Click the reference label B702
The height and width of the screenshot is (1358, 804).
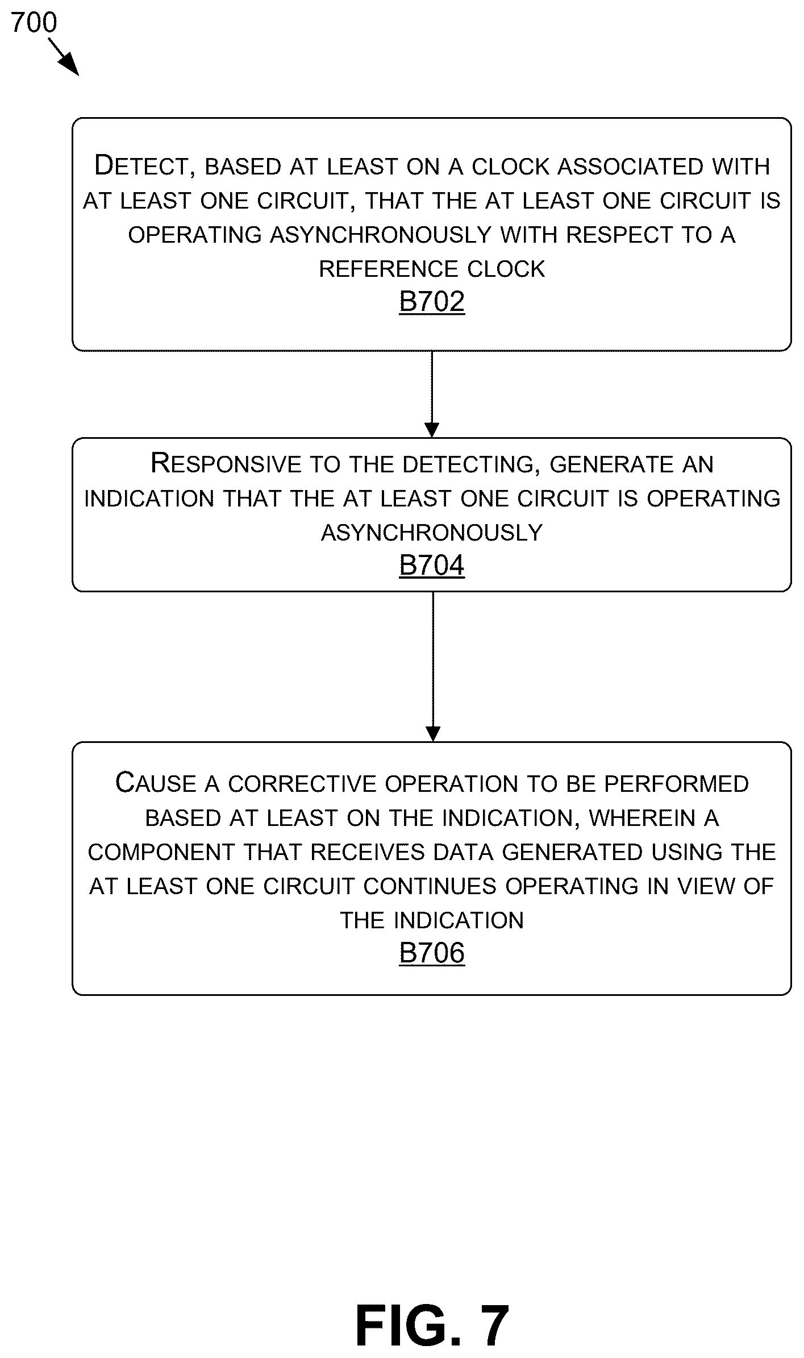tap(432, 302)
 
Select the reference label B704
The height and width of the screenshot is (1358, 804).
tap(432, 566)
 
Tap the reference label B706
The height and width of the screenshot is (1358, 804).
tap(432, 953)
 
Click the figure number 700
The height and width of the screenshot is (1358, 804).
tap(34, 23)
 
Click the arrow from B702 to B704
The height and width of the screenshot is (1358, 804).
tap(432, 394)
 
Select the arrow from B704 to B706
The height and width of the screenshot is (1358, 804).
tap(433, 667)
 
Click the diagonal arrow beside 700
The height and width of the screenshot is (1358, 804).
tap(63, 57)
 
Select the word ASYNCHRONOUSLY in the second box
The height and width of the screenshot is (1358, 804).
tap(432, 533)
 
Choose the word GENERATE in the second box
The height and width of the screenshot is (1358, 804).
tap(612, 464)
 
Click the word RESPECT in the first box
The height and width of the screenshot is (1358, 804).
tap(619, 235)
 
